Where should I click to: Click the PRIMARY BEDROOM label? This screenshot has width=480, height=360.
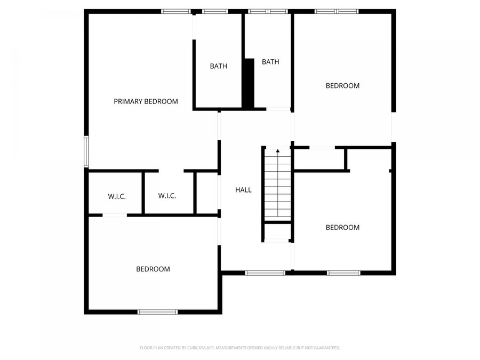[146, 101]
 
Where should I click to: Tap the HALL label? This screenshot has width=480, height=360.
[243, 190]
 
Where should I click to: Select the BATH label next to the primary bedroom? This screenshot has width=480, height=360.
[218, 66]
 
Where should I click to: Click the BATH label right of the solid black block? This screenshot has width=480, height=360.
[270, 62]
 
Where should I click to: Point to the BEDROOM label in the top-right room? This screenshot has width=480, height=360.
[342, 85]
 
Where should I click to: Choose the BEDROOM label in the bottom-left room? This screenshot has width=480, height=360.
[153, 269]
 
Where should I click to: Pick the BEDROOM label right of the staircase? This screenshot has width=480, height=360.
[342, 227]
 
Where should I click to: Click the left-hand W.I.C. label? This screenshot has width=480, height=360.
[117, 196]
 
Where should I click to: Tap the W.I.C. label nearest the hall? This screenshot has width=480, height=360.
[167, 196]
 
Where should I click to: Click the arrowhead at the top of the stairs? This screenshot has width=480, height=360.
[277, 151]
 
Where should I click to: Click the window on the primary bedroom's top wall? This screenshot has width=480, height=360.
[176, 11]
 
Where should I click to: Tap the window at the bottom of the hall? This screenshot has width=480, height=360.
[265, 273]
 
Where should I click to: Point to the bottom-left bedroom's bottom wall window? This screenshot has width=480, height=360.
[157, 311]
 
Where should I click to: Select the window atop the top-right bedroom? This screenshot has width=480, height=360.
[336, 11]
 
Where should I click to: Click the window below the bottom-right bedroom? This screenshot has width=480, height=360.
[343, 273]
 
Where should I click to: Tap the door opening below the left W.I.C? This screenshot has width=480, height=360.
[115, 215]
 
